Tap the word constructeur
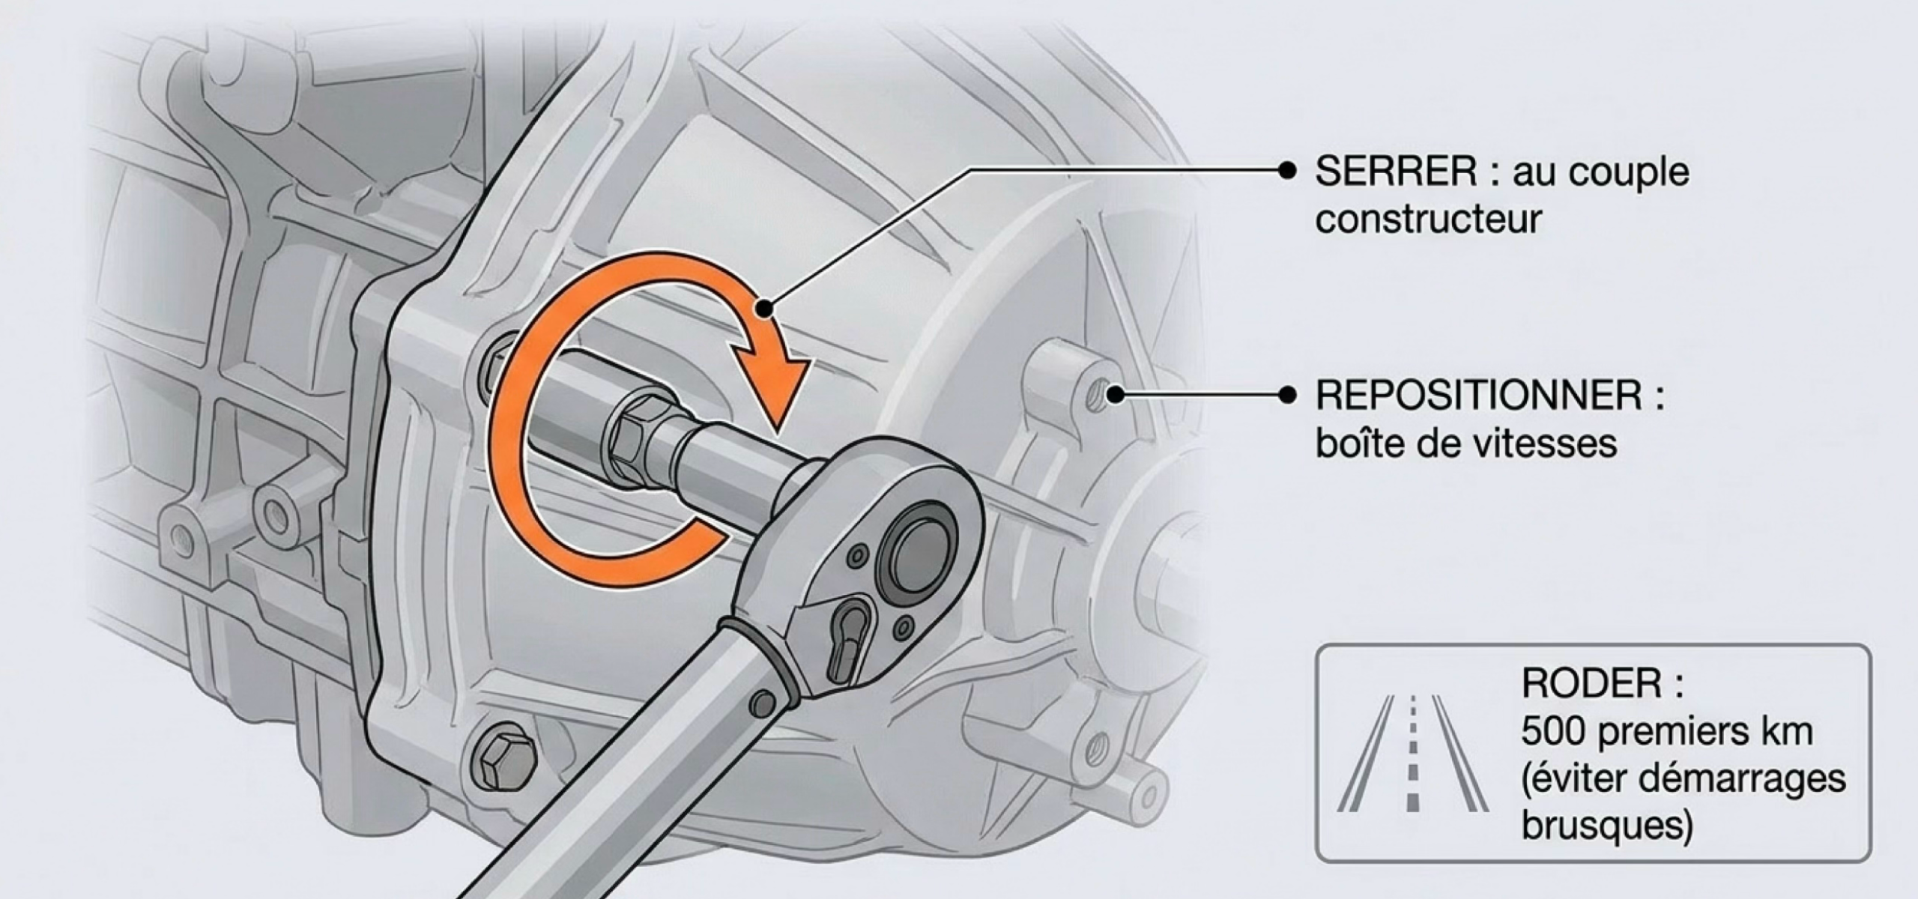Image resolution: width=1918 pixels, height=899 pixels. tap(1428, 220)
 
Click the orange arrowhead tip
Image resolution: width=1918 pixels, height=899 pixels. tap(778, 433)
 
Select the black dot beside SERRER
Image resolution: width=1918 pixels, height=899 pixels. tap(1286, 171)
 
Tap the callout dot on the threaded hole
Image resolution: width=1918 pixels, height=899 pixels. tap(1116, 394)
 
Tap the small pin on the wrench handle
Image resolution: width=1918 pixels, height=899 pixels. tap(763, 702)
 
